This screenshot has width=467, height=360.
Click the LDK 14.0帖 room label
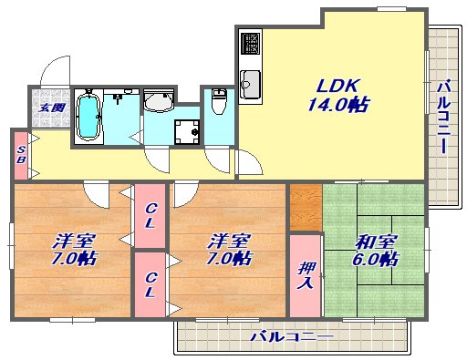[x=338, y=96]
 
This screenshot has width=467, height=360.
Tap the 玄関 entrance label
[x=52, y=108]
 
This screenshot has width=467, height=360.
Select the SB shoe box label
[x=21, y=155]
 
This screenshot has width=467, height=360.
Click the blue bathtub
[x=88, y=117]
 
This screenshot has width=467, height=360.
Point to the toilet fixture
[x=219, y=101]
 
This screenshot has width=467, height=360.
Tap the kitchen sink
[x=250, y=84]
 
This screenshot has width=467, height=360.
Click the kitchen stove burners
[x=250, y=43]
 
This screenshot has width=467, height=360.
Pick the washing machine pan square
[x=187, y=132]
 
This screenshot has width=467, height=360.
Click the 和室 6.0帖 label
[x=376, y=251]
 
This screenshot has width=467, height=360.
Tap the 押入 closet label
[x=306, y=275]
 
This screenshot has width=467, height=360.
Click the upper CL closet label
[x=150, y=216]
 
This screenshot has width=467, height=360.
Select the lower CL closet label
[x=150, y=284]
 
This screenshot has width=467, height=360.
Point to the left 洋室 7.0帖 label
[x=74, y=250]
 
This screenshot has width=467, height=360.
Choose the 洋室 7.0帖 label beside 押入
[x=229, y=250]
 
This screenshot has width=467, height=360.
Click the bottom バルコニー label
[x=292, y=336]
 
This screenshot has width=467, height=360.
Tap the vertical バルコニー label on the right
[x=443, y=117]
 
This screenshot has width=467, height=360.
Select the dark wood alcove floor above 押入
[x=306, y=207]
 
